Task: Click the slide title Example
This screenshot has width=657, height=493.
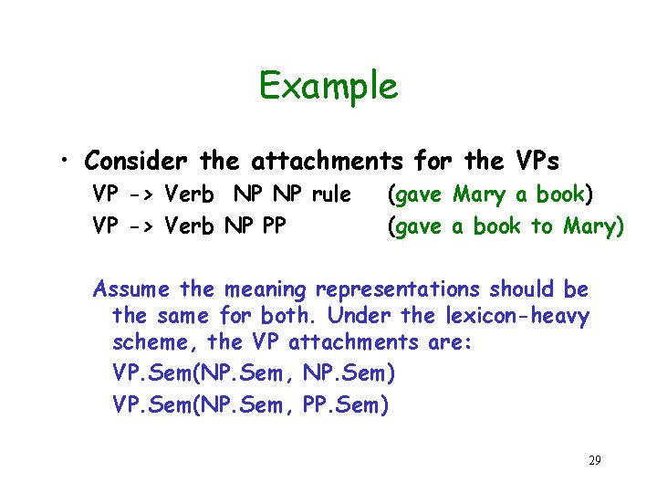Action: click(x=328, y=87)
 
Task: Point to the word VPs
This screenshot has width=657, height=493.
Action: click(x=534, y=162)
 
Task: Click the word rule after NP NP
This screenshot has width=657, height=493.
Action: click(x=331, y=194)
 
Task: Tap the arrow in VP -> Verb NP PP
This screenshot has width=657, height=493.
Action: click(x=141, y=226)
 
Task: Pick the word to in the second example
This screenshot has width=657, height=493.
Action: click(x=542, y=226)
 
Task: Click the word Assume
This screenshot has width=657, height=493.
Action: click(x=132, y=290)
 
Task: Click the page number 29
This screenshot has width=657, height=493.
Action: click(x=594, y=459)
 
